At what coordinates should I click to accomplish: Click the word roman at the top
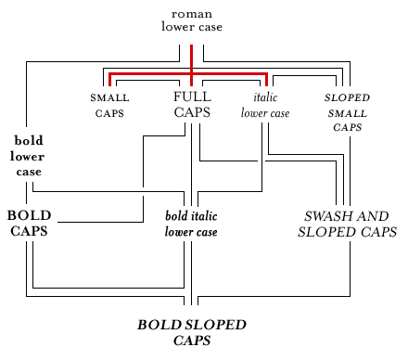[x=191, y=14]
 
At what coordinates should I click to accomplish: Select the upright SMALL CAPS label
[x=109, y=105]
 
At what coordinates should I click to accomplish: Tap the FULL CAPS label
[x=192, y=104]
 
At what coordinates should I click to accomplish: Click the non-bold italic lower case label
[x=265, y=105]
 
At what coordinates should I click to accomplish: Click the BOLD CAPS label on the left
[x=29, y=223]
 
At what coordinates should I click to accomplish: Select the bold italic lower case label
[x=191, y=224]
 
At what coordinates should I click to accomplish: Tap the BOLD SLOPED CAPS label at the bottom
[x=192, y=332]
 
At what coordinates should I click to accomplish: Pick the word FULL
[x=192, y=96]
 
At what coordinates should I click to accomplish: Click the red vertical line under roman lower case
[x=191, y=58]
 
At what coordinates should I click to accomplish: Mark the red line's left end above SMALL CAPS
[x=109, y=78]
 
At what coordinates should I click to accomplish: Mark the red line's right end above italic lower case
[x=267, y=78]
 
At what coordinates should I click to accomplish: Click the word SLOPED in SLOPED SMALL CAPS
[x=348, y=97]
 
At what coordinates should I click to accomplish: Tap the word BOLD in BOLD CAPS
[x=29, y=215]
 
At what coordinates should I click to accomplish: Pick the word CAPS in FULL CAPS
[x=192, y=112]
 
